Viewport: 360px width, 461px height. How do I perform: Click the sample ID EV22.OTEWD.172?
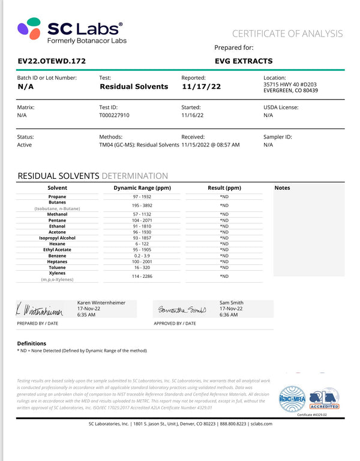pyautogui.click(x=52, y=61)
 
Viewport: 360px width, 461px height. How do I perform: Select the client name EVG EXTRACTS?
pyautogui.click(x=243, y=61)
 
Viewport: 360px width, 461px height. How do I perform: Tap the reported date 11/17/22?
pyautogui.click(x=201, y=86)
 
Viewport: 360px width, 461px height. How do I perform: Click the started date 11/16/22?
pyautogui.click(x=193, y=115)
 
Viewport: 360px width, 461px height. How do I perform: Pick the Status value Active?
pyautogui.click(x=25, y=145)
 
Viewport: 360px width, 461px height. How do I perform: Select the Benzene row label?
pyautogui.click(x=58, y=256)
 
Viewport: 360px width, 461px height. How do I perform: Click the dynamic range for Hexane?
pyautogui.click(x=141, y=244)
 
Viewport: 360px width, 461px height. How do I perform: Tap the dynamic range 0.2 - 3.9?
pyautogui.click(x=141, y=256)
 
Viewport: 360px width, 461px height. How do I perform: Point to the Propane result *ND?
pyautogui.click(x=224, y=196)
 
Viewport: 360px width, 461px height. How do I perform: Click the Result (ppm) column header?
pyautogui.click(x=224, y=188)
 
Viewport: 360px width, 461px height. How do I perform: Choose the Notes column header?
pyautogui.click(x=282, y=188)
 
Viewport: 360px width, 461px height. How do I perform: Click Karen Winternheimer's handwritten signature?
pyautogui.click(x=40, y=310)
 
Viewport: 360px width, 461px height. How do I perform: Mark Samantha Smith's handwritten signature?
pyautogui.click(x=181, y=310)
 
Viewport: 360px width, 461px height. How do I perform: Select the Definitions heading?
pyautogui.click(x=32, y=343)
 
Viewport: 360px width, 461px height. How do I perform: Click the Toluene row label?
pyautogui.click(x=58, y=268)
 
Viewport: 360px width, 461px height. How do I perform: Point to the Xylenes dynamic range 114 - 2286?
pyautogui.click(x=141, y=276)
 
